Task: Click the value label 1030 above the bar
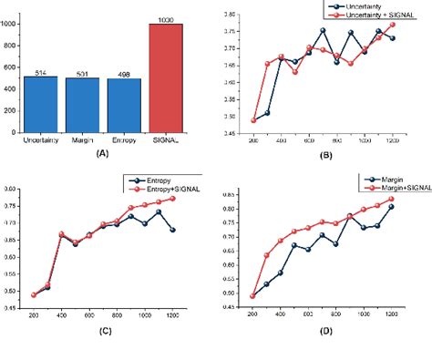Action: [165, 17]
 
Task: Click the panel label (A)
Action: [102, 154]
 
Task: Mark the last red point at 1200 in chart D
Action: [393, 199]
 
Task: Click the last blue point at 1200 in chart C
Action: [173, 229]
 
